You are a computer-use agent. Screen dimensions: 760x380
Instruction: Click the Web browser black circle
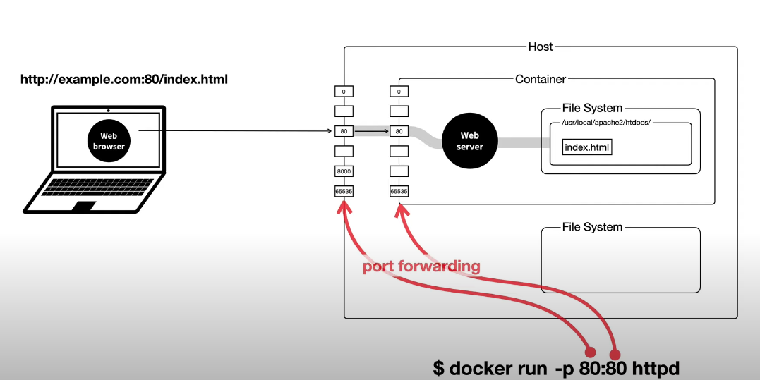pyautogui.click(x=109, y=140)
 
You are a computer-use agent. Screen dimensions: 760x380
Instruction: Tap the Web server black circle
pyautogui.click(x=470, y=141)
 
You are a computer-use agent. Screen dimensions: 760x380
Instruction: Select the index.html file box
pyautogui.click(x=587, y=147)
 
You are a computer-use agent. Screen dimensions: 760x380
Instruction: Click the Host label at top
pyautogui.click(x=541, y=47)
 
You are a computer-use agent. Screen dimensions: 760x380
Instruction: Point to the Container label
pyautogui.click(x=541, y=79)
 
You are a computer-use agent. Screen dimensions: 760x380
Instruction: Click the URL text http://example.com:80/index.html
pyautogui.click(x=124, y=79)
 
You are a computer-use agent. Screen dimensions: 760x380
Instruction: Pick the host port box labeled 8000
pyautogui.click(x=344, y=171)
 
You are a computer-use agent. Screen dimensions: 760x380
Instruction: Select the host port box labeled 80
pyautogui.click(x=344, y=131)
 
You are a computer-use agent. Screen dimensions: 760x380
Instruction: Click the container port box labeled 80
pyautogui.click(x=399, y=131)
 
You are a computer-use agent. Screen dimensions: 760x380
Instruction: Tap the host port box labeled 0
pyautogui.click(x=344, y=91)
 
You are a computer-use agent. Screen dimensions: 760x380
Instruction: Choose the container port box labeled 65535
pyautogui.click(x=399, y=192)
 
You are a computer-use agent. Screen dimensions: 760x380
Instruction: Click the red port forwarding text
pyautogui.click(x=421, y=266)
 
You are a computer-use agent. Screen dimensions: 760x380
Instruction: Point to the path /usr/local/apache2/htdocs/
pyautogui.click(x=606, y=123)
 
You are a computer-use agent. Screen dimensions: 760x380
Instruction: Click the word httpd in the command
pyautogui.click(x=656, y=369)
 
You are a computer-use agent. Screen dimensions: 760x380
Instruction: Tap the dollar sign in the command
pyautogui.click(x=439, y=369)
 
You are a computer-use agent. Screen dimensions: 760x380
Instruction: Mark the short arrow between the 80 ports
pyautogui.click(x=372, y=131)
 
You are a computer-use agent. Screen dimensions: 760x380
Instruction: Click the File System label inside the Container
pyautogui.click(x=592, y=108)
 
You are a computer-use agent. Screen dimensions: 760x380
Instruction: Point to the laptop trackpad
pyautogui.click(x=85, y=207)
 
